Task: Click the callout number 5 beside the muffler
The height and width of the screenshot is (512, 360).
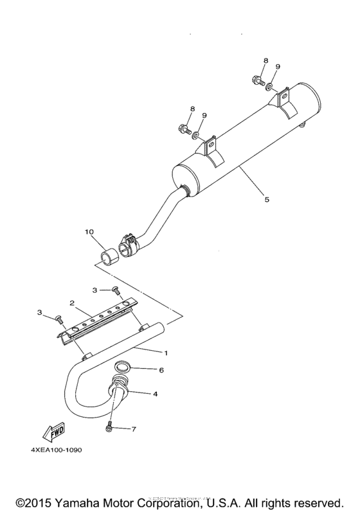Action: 267,199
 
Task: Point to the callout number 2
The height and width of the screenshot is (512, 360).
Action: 73,302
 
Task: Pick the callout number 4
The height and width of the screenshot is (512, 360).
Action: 154,393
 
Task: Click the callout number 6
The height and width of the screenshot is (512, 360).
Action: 161,370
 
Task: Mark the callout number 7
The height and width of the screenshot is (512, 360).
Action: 134,428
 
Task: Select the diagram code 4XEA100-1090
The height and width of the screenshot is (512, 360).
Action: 56,450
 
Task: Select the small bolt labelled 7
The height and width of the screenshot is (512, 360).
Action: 109,427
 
